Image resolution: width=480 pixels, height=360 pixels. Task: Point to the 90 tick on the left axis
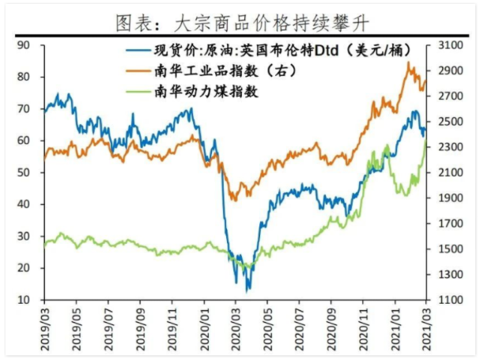[x=23, y=45]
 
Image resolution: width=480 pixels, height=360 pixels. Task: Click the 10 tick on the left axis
[x=23, y=300]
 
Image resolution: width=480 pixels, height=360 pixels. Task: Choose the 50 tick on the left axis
[x=23, y=172]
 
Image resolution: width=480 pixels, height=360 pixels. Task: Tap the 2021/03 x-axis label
[x=427, y=328]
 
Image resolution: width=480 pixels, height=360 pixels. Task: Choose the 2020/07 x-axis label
[x=300, y=328]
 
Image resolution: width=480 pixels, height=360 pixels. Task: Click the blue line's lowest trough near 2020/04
[x=248, y=290]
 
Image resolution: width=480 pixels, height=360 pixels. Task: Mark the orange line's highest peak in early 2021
[x=408, y=63]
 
